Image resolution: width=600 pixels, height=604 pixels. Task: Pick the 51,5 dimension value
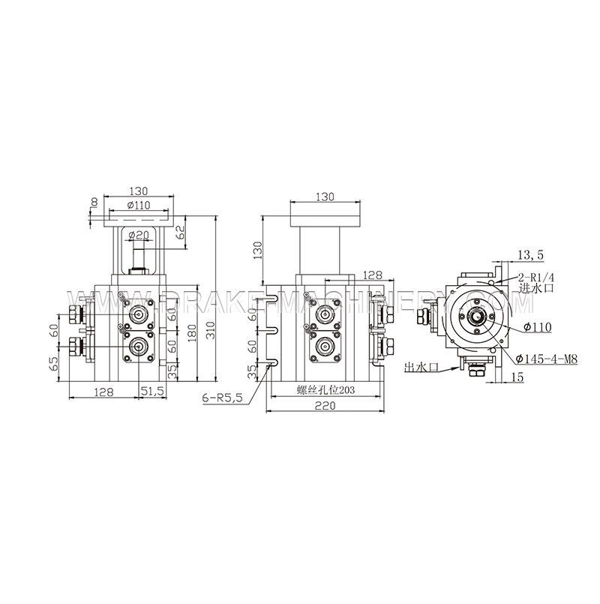click(155, 391)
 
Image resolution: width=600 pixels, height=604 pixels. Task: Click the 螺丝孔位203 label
click(324, 390)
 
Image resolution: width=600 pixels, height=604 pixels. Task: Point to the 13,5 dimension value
click(530, 256)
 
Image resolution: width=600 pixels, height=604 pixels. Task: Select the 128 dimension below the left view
click(104, 391)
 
